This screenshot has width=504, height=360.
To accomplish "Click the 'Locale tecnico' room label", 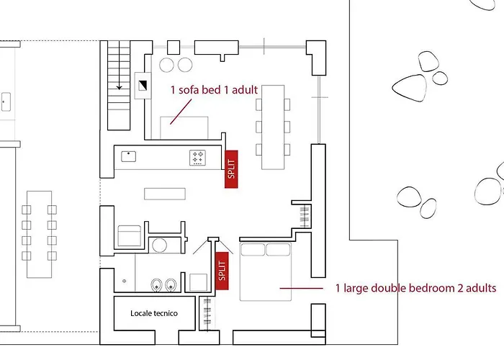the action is click(x=154, y=313).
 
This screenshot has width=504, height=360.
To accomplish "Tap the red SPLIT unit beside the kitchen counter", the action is click(x=231, y=169).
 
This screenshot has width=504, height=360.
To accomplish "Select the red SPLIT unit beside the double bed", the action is click(x=222, y=271).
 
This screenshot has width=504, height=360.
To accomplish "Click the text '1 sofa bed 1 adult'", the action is click(x=214, y=90).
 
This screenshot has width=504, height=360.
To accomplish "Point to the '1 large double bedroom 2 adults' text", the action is click(x=415, y=288).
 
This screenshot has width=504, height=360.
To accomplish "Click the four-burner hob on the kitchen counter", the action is click(x=197, y=158).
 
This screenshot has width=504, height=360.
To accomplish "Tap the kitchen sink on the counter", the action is click(x=129, y=156).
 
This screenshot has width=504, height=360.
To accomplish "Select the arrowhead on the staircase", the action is click(x=119, y=87).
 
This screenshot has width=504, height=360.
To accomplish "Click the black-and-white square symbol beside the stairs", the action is click(x=143, y=85).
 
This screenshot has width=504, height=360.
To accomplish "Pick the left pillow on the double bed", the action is click(x=253, y=249).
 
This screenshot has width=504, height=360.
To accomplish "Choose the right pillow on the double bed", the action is click(x=278, y=249).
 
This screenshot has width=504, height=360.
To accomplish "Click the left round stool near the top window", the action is click(x=166, y=65).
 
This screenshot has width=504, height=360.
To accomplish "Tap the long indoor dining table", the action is click(x=273, y=127).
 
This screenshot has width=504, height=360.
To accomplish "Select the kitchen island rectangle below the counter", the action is click(x=165, y=194).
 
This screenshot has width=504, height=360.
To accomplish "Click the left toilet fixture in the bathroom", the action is click(x=156, y=285).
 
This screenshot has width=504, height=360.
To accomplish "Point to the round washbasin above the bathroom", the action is click(x=159, y=246).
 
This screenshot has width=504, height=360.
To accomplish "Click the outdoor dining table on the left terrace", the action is click(x=39, y=234).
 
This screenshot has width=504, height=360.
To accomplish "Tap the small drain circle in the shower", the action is click(x=124, y=281).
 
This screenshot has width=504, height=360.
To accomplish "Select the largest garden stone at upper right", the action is click(x=409, y=88).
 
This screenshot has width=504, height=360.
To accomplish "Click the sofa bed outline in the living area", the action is click(x=184, y=128).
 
